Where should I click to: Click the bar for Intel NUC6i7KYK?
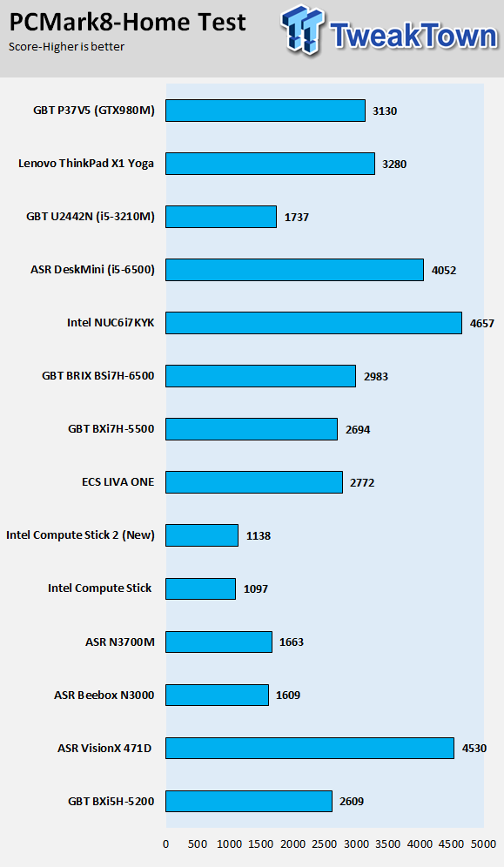coord(314,323)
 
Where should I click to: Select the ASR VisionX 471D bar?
coord(310,748)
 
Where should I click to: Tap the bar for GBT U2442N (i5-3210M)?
coord(221,217)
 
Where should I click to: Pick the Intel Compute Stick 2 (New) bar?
coord(202,535)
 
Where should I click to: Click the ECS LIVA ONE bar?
coord(254,482)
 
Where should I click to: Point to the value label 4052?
coord(444,271)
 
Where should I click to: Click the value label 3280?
coord(394,165)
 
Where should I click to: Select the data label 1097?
coord(256,588)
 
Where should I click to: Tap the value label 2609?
coord(352,801)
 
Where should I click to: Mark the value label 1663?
coord(292,642)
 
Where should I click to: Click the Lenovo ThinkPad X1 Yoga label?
coord(86,164)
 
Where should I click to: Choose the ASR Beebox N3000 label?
coord(104,695)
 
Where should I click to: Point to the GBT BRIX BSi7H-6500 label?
coord(98,376)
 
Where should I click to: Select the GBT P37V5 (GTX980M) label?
coord(94,111)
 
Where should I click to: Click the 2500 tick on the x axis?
coord(325,844)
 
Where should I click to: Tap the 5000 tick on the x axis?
coord(484,844)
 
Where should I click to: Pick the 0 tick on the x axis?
coord(165,844)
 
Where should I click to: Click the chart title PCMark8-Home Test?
coord(128,22)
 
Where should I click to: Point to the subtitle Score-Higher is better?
coord(66,47)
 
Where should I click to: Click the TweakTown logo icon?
coord(303,30)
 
